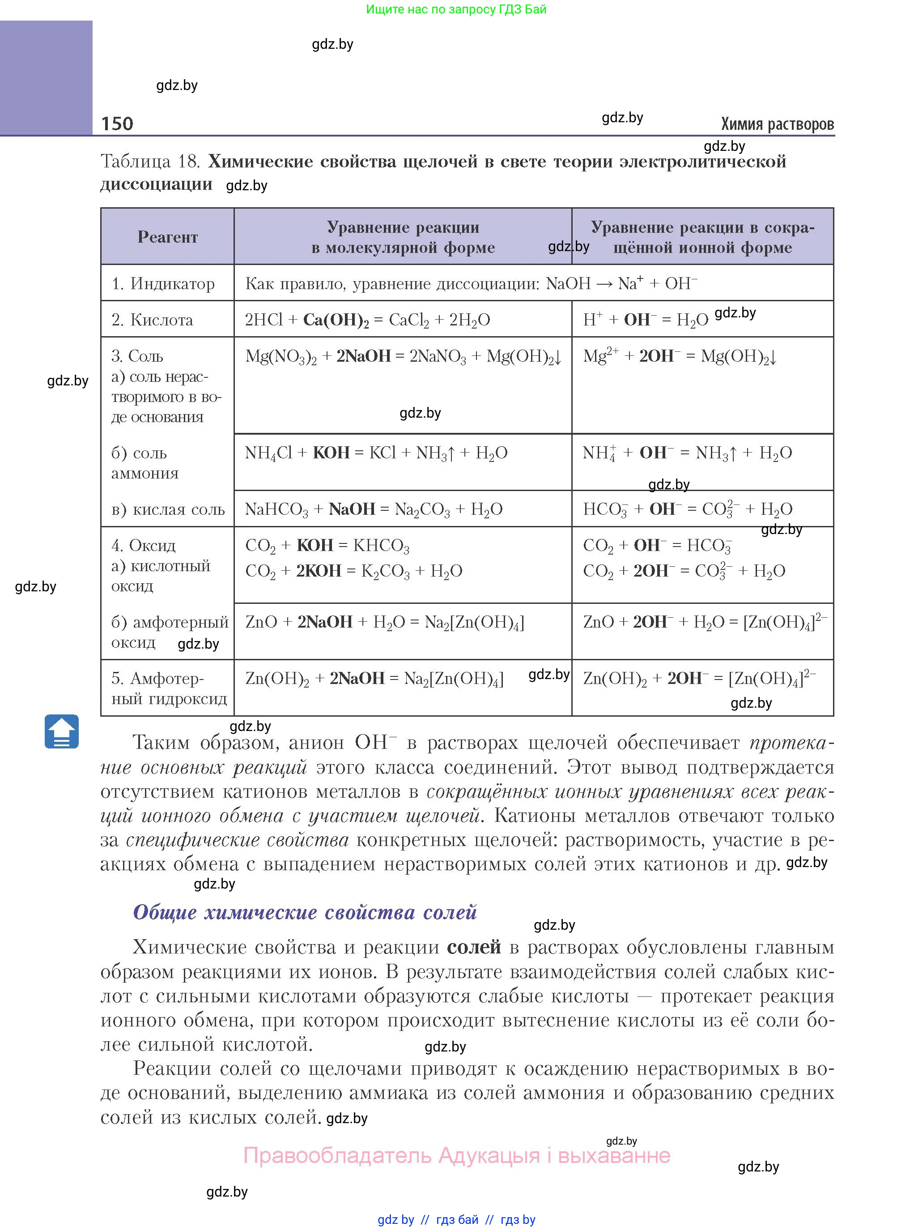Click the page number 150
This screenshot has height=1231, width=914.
(x=117, y=124)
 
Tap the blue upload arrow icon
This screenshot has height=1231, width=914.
(x=61, y=732)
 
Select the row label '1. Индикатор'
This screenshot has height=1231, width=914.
(x=163, y=284)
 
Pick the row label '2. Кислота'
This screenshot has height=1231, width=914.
(x=152, y=320)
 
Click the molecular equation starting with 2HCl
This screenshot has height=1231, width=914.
(x=367, y=320)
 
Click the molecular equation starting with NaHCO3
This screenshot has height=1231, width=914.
(x=374, y=509)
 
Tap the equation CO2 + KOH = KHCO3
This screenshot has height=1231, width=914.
(x=327, y=546)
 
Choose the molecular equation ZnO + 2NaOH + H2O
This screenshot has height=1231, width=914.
(x=384, y=622)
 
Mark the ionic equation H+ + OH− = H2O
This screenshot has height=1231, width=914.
(x=645, y=320)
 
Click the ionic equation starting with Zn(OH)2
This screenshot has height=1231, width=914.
(x=699, y=678)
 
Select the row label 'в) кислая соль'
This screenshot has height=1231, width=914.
(x=168, y=509)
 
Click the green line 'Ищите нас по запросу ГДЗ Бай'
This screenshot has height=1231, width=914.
(x=456, y=9)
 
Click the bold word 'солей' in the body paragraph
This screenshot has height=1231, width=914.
(x=474, y=947)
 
